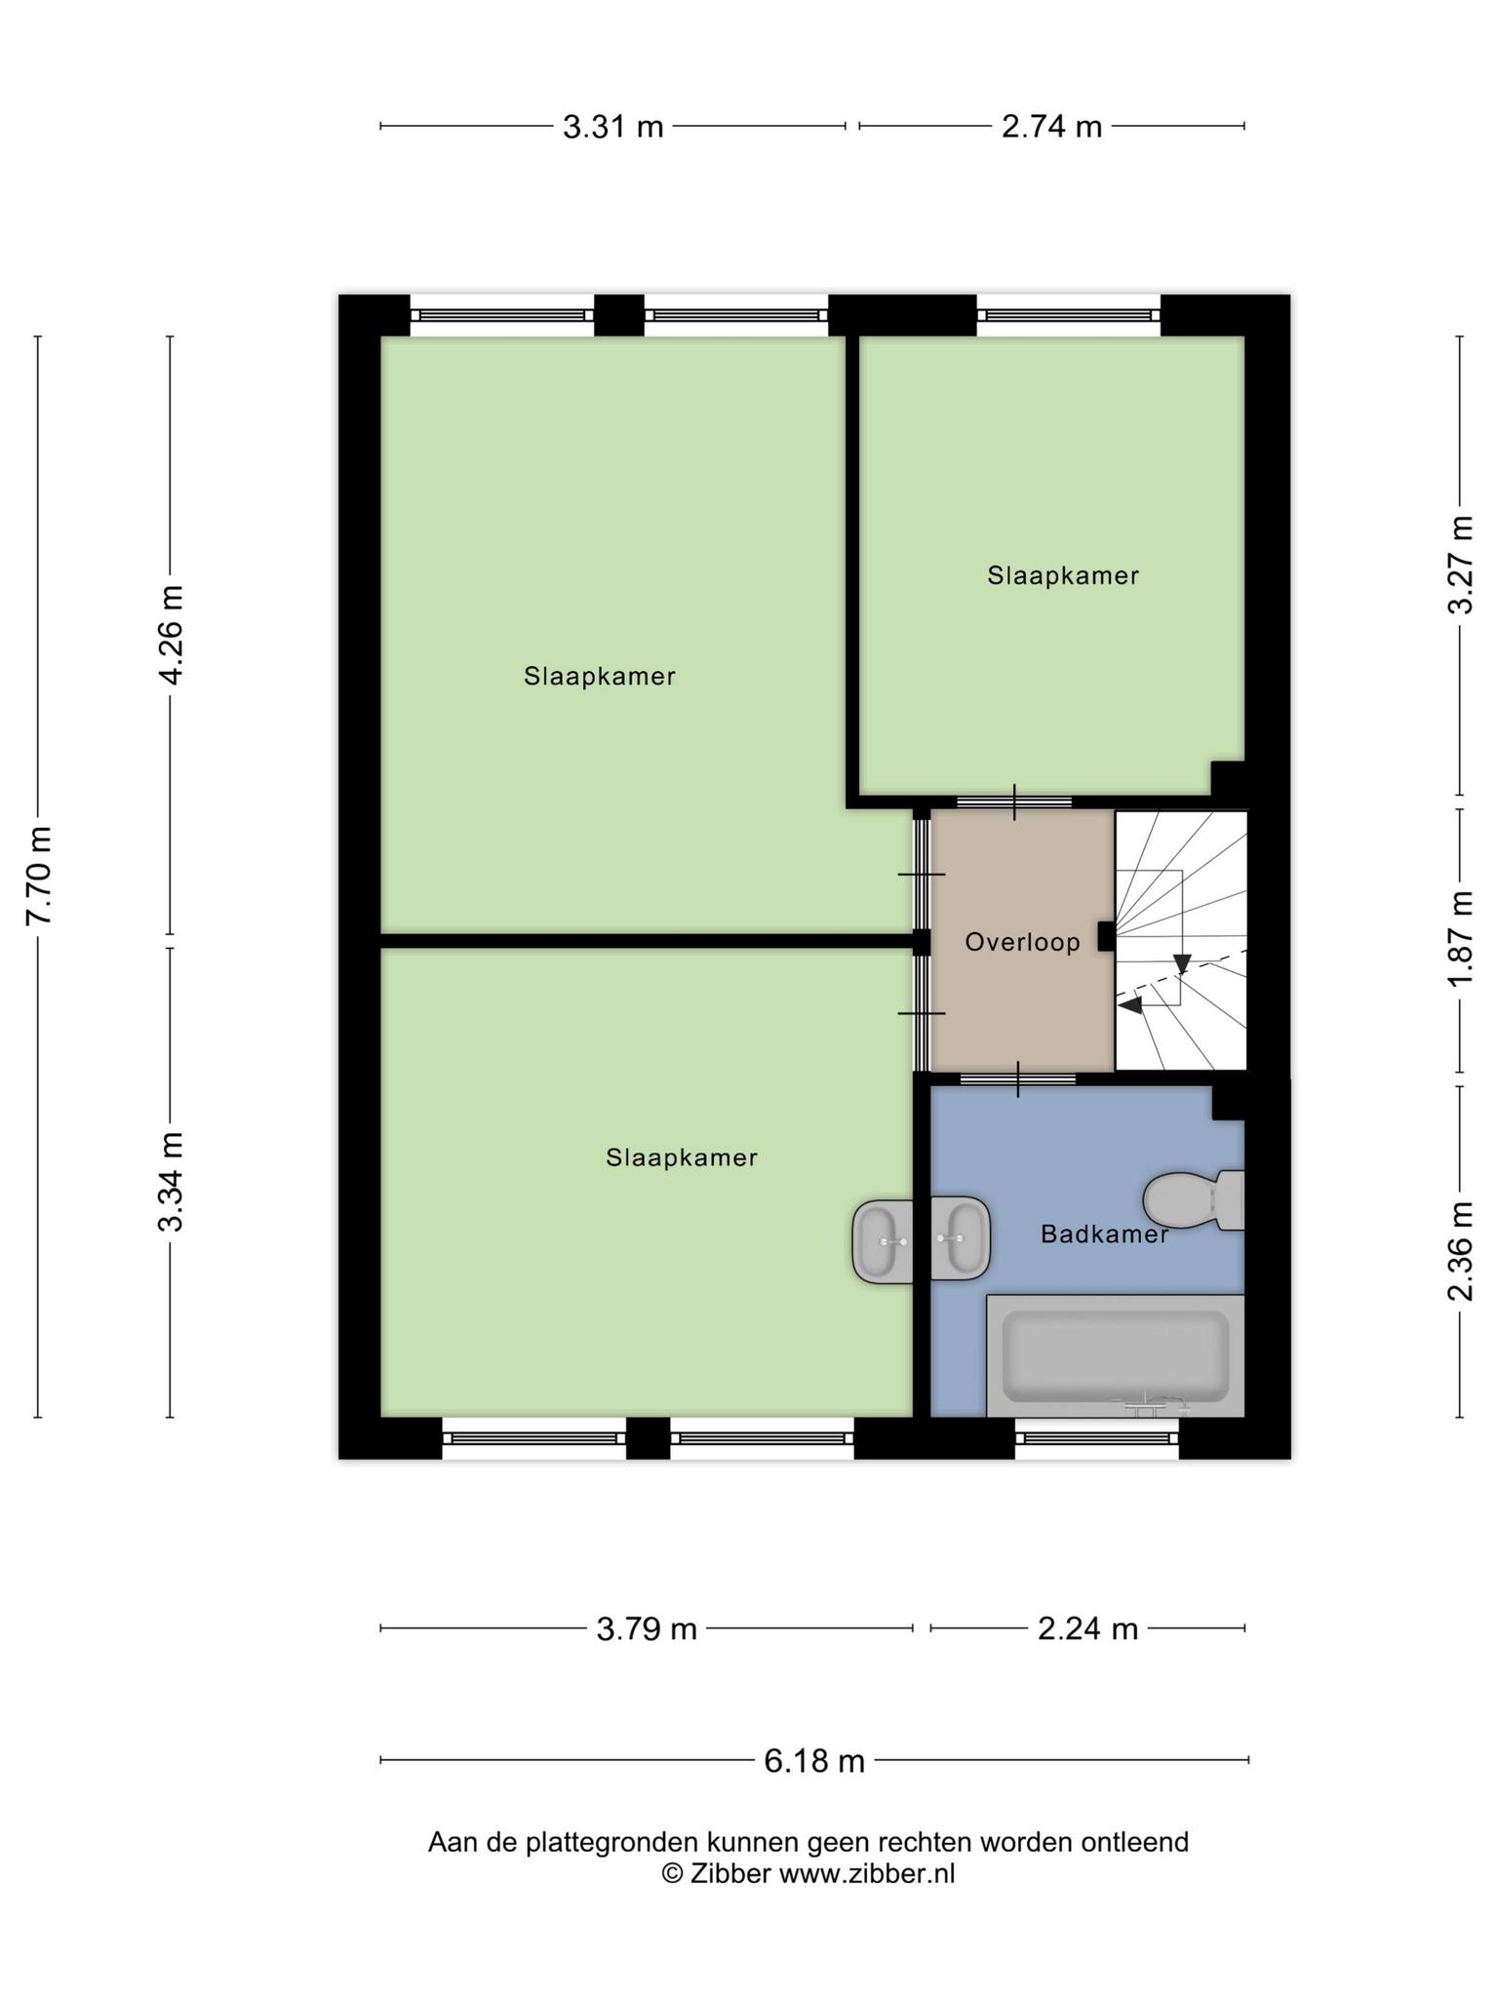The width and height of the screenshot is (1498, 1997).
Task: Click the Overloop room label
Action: [x=1022, y=942]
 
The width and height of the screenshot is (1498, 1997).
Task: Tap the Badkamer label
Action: [x=1104, y=1234]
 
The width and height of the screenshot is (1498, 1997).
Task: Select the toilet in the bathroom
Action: [x=1194, y=1200]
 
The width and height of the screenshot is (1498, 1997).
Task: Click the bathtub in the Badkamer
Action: [x=1116, y=1356]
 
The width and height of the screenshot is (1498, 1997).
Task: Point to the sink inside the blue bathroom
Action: [x=961, y=1238]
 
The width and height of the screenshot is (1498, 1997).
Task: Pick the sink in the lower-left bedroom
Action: [x=883, y=1241]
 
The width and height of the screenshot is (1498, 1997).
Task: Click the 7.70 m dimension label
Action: [x=39, y=876]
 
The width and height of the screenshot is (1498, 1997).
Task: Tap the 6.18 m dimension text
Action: [x=814, y=1760]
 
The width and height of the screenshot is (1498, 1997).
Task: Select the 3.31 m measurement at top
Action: [x=612, y=127]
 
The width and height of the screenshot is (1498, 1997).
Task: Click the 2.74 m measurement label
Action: [x=1051, y=127]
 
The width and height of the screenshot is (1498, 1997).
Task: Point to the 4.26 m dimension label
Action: [x=172, y=635]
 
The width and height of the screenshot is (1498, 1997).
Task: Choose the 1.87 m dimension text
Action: [x=1460, y=938]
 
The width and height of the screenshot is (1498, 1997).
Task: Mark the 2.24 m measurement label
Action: [x=1087, y=1628]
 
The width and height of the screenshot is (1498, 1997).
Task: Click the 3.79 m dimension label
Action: [x=647, y=1628]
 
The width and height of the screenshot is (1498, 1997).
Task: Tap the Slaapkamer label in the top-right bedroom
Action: [x=1063, y=575]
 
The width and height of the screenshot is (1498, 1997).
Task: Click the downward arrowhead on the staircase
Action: [x=1182, y=963]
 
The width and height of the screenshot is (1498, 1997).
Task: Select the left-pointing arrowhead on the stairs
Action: [x=1130, y=1004]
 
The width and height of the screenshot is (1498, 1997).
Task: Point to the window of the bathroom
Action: [x=1097, y=1438]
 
